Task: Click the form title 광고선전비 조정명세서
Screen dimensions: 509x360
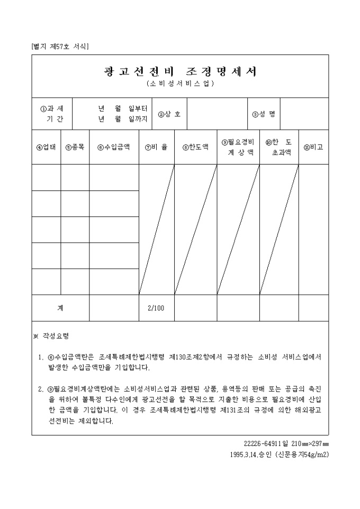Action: tap(180, 72)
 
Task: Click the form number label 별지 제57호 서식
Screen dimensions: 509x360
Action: tap(60, 47)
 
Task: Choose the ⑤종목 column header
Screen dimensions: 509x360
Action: tap(75, 148)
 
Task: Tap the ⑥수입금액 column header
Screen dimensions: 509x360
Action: tap(113, 148)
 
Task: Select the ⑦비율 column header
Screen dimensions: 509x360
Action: tap(156, 148)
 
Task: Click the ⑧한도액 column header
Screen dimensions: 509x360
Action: tap(195, 148)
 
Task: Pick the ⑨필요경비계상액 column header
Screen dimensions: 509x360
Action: tap(238, 147)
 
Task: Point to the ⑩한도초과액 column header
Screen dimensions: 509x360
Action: tap(278, 147)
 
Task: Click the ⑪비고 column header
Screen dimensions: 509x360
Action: tap(313, 148)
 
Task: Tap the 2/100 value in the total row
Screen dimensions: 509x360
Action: tap(156, 308)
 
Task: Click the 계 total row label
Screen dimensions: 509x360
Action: tap(60, 308)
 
